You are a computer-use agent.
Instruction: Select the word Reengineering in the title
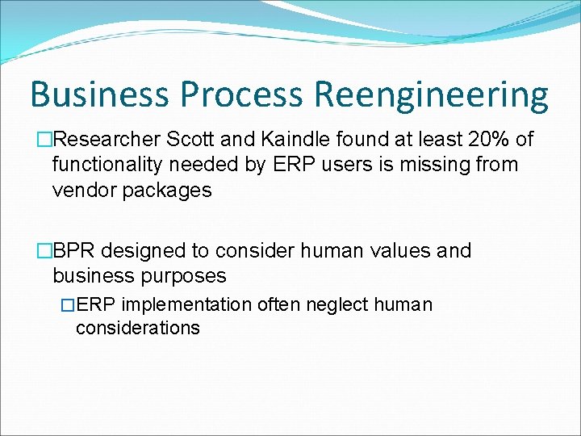[x=431, y=94]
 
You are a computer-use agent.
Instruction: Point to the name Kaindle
[x=299, y=140]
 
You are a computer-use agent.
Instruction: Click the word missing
[x=439, y=165]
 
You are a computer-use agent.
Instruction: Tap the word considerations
[x=138, y=328]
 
